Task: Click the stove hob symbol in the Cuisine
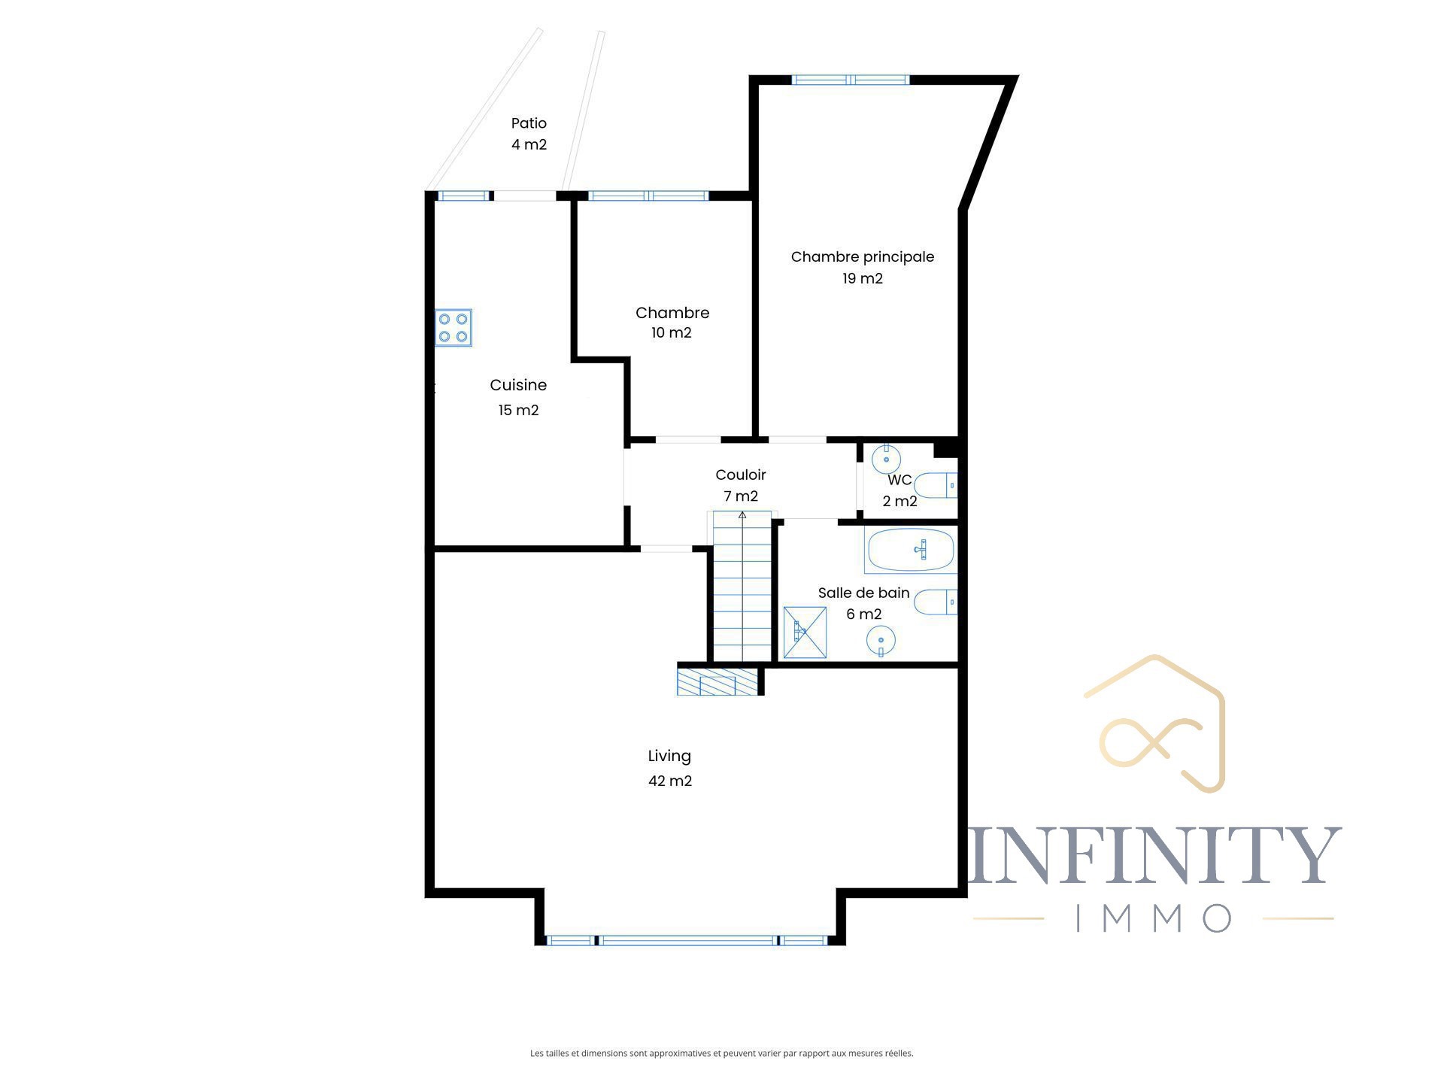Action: (x=454, y=327)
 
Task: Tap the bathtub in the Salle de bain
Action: (x=911, y=551)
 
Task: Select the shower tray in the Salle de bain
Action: (x=805, y=633)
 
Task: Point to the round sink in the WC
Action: (x=886, y=459)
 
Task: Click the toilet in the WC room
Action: (x=939, y=486)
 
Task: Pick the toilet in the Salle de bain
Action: (x=936, y=602)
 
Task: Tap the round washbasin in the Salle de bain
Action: (x=881, y=642)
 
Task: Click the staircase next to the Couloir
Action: (x=742, y=586)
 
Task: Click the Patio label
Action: (x=529, y=123)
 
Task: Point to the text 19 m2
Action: (x=863, y=278)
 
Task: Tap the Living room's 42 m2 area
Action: (x=670, y=781)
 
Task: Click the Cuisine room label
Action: (x=518, y=385)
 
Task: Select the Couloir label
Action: (x=741, y=475)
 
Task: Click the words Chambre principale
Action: (x=863, y=257)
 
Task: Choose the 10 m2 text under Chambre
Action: (x=672, y=332)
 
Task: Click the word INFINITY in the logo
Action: (x=1154, y=855)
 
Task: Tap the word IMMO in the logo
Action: (x=1154, y=918)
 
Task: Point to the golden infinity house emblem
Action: (x=1155, y=724)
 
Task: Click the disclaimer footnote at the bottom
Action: (x=722, y=1054)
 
